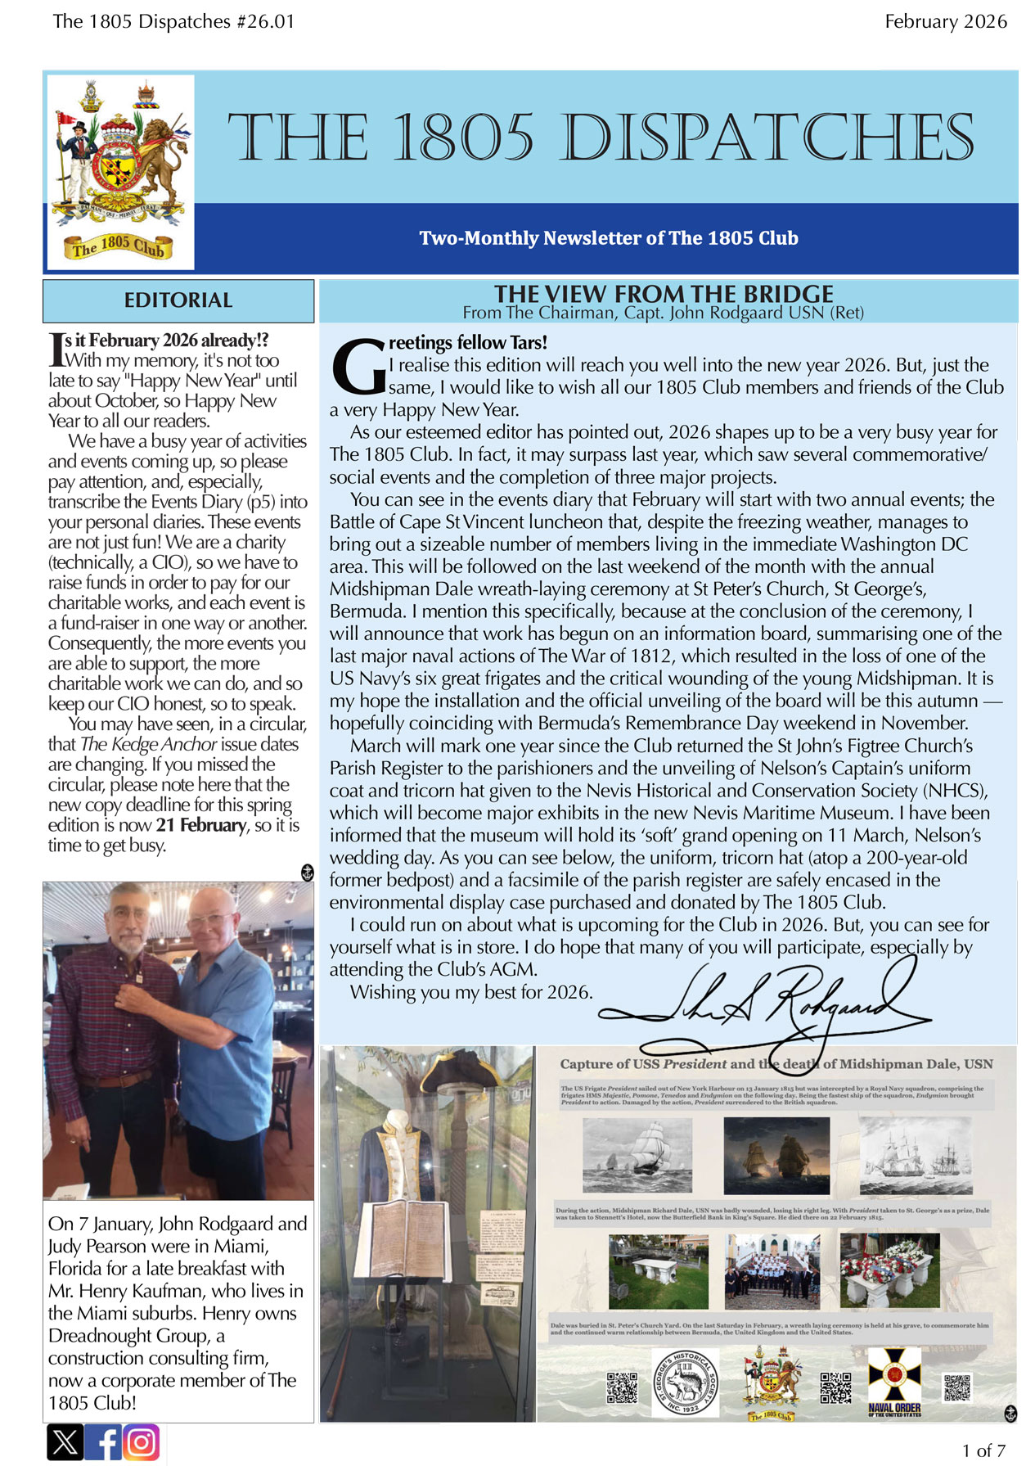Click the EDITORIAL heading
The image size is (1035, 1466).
178,300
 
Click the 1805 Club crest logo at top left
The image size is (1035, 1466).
120,172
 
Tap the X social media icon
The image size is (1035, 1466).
65,1442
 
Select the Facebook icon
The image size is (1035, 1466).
104,1442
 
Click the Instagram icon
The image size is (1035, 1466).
142,1442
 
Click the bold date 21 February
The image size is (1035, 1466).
201,825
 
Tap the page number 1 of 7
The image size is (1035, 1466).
983,1450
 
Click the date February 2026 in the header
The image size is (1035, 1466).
945,22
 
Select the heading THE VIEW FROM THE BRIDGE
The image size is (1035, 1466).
664,293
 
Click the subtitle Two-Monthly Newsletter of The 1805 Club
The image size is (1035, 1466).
608,238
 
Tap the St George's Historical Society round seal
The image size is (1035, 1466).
685,1383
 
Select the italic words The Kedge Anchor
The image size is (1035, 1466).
148,744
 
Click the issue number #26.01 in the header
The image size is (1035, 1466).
264,22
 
